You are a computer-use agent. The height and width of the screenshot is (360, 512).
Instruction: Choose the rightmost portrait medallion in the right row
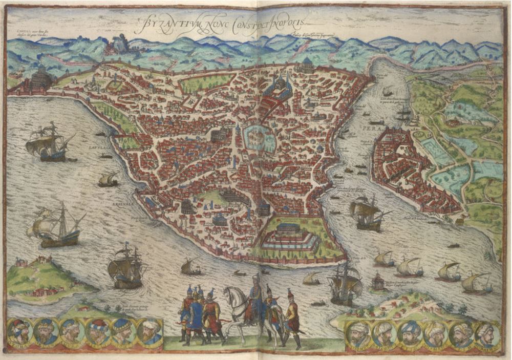[487, 335]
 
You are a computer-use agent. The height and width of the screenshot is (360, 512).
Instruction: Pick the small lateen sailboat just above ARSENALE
[109, 180]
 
